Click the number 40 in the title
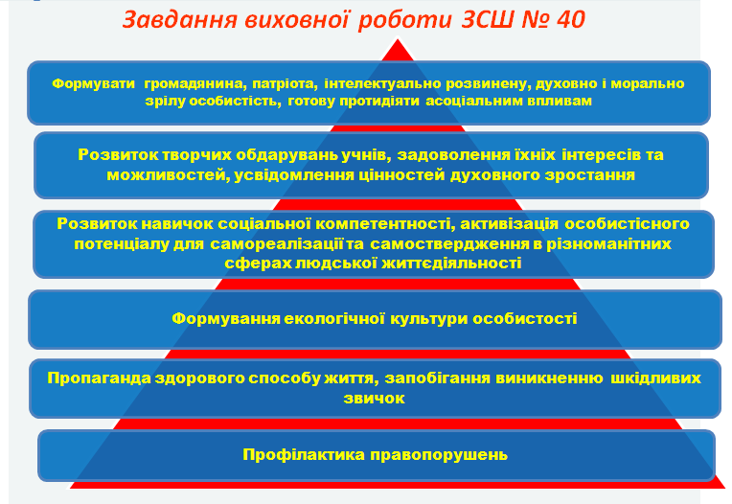pos(569,19)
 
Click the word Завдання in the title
pos(180,19)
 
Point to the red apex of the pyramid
pos(398,41)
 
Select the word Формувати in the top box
pos(93,83)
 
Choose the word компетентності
pos(385,224)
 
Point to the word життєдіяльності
pos(451,263)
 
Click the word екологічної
pos(334,318)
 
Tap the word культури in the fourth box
pos(429,319)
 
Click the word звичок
pos(374,398)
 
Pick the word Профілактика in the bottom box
pos(304,454)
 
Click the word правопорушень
pos(439,454)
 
